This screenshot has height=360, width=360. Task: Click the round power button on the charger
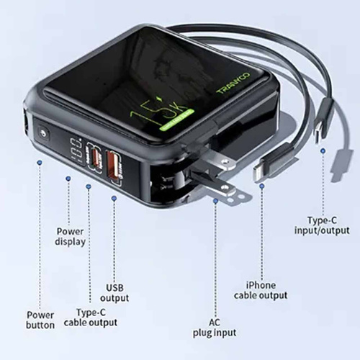[43, 133]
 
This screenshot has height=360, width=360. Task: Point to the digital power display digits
[76, 150]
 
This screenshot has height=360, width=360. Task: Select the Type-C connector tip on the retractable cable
[318, 136]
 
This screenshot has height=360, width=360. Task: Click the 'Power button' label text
[40, 320]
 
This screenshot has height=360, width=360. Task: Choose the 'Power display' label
[70, 236]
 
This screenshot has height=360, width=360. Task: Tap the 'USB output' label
[114, 292]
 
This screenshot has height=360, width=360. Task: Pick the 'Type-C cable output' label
[91, 318]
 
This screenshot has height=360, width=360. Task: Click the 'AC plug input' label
[215, 328]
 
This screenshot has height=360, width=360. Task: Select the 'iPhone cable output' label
[261, 290]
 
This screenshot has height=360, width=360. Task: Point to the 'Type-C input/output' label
[322, 225]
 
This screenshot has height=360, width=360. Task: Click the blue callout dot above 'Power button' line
[40, 163]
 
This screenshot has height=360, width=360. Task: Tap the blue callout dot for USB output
[114, 198]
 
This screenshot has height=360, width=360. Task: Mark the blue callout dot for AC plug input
[215, 201]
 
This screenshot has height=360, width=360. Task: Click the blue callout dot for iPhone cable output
[262, 186]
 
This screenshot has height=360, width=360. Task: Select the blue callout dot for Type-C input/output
[323, 150]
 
